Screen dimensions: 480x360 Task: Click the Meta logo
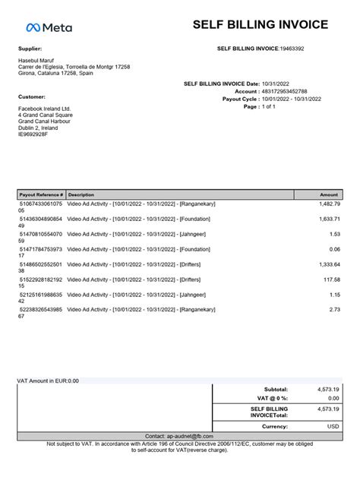49,27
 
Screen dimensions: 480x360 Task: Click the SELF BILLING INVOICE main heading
261,24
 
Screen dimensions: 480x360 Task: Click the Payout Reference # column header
42,194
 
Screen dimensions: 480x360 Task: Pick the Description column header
81,194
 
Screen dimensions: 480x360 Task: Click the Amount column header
329,194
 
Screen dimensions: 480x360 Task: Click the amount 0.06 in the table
334,249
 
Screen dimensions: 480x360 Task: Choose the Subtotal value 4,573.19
328,388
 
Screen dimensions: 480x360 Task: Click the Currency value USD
333,427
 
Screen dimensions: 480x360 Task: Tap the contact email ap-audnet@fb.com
179,436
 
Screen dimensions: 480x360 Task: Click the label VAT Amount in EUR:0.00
48,381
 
